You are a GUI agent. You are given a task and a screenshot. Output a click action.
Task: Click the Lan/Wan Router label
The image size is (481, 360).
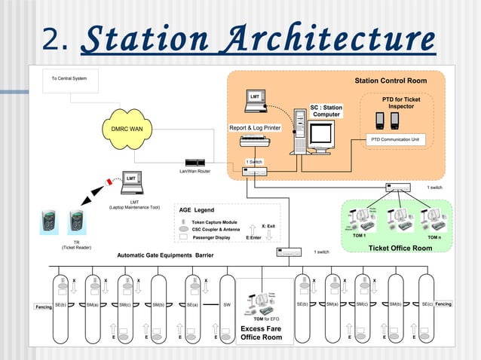tap(195, 172)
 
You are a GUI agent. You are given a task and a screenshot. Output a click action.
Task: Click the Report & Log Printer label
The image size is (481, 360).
tap(255, 128)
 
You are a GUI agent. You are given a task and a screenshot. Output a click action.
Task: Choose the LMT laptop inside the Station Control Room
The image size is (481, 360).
tap(255, 98)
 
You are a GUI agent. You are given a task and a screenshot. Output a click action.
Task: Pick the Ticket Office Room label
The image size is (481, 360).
tap(400, 248)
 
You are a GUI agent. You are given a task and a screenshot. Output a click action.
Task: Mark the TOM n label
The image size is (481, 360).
tap(434, 237)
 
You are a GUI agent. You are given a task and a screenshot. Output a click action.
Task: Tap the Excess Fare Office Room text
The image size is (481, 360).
tap(261, 333)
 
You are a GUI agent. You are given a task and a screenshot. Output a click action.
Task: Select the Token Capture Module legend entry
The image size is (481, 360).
tap(215, 222)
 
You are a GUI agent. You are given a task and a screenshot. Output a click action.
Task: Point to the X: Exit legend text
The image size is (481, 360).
tap(268, 225)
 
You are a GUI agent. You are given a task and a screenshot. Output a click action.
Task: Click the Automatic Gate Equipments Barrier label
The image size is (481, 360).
tap(165, 255)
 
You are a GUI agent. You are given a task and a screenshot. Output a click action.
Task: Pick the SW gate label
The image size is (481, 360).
tap(227, 304)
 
